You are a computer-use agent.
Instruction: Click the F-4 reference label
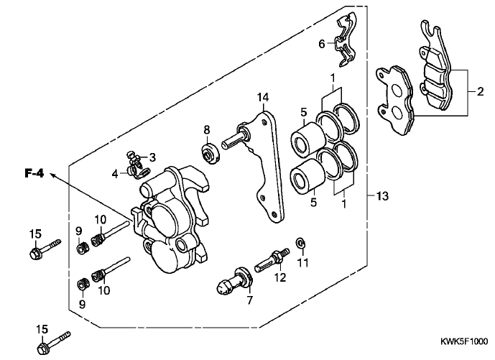(x=34, y=173)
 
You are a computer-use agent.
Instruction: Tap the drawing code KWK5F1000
(x=464, y=341)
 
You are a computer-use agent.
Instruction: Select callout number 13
(x=382, y=196)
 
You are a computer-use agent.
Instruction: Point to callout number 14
(x=263, y=98)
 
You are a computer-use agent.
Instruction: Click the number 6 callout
(x=322, y=45)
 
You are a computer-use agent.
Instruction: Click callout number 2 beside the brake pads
(x=480, y=91)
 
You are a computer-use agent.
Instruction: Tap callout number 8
(x=206, y=129)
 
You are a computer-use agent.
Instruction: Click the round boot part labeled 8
(x=210, y=154)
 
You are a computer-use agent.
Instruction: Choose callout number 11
(x=303, y=262)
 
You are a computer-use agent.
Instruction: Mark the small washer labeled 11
(x=300, y=244)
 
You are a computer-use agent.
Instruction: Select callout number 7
(x=250, y=300)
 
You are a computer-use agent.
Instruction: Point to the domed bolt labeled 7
(x=234, y=280)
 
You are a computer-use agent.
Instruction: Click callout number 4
(x=115, y=174)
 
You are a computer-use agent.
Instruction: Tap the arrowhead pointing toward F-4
(x=52, y=175)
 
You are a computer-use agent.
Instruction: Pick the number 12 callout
(x=280, y=277)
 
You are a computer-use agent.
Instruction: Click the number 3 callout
(x=152, y=157)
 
